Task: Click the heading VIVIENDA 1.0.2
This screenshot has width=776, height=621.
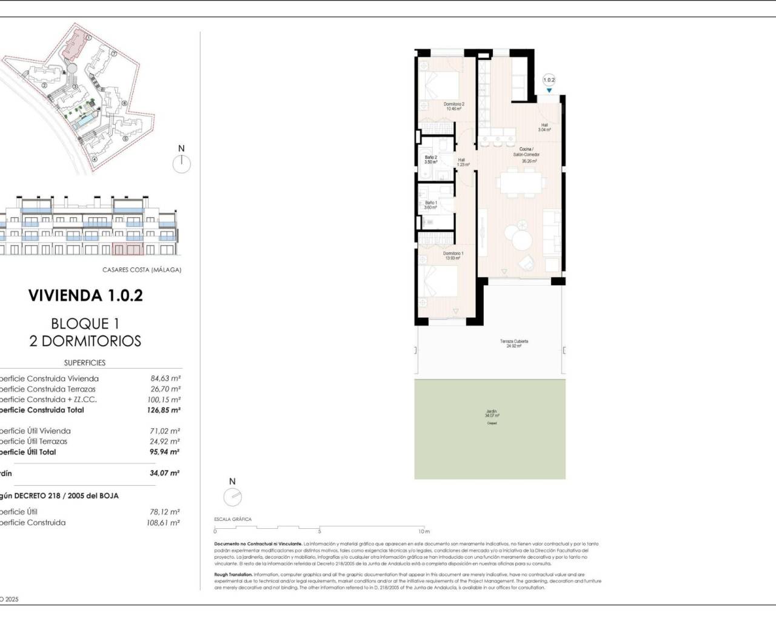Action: click(x=85, y=295)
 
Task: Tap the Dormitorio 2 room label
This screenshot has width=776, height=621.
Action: click(x=453, y=107)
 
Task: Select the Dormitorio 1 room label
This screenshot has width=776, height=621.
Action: click(x=453, y=256)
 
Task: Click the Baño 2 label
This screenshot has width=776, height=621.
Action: click(x=430, y=160)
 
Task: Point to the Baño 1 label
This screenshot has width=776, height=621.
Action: click(x=430, y=205)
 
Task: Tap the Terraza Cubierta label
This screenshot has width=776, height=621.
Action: click(x=513, y=343)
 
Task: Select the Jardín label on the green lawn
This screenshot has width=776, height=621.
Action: click(x=491, y=414)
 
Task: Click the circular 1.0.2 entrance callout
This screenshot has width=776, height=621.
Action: click(x=549, y=80)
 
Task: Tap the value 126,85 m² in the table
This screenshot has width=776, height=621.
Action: click(x=165, y=410)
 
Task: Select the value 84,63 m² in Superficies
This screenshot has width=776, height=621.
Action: click(x=166, y=378)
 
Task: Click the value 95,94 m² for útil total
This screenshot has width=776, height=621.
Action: click(x=164, y=452)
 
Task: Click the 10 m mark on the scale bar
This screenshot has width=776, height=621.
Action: click(x=423, y=531)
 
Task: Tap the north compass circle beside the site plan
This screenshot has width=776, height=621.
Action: click(x=181, y=164)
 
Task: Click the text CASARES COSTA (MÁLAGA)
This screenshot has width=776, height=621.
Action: click(x=141, y=270)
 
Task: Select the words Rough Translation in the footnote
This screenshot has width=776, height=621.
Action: click(x=233, y=574)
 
